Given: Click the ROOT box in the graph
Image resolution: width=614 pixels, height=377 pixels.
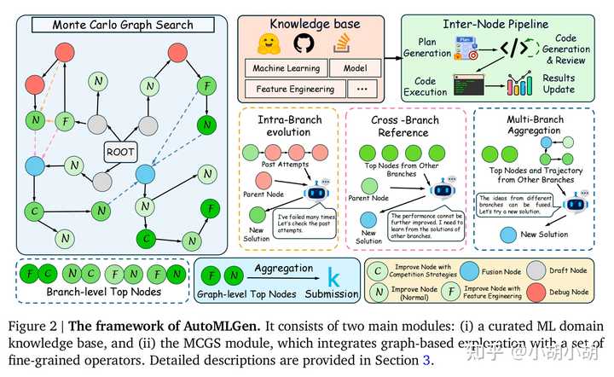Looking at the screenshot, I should pos(119,152).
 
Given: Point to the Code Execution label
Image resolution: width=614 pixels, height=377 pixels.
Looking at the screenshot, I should pos(432,87).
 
